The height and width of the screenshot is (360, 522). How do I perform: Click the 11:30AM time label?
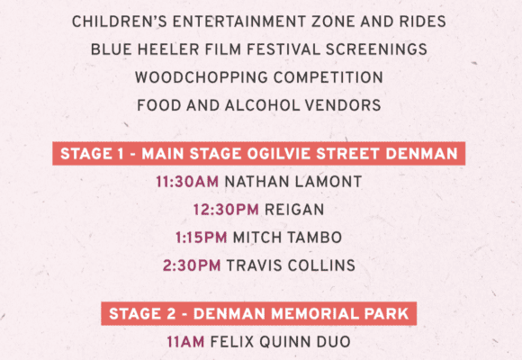[187, 182]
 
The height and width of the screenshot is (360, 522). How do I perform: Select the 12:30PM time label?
[226, 210]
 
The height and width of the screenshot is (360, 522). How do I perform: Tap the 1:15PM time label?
[201, 238]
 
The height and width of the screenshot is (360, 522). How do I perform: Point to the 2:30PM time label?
[192, 265]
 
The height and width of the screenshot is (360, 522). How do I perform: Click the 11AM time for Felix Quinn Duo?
[185, 342]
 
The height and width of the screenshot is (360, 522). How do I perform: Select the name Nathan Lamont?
[293, 182]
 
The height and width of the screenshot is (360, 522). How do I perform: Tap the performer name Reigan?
[294, 210]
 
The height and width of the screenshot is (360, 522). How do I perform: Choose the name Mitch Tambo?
[287, 238]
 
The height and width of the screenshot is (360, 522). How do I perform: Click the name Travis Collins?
[291, 265]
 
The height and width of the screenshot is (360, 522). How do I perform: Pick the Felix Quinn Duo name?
[280, 342]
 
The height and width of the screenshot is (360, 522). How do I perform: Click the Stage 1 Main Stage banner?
[258, 154]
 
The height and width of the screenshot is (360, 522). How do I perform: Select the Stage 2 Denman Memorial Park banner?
[258, 314]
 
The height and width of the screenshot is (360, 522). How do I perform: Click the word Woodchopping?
[202, 77]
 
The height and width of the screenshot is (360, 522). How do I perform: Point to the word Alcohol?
[262, 105]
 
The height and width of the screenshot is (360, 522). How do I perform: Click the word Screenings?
[376, 49]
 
